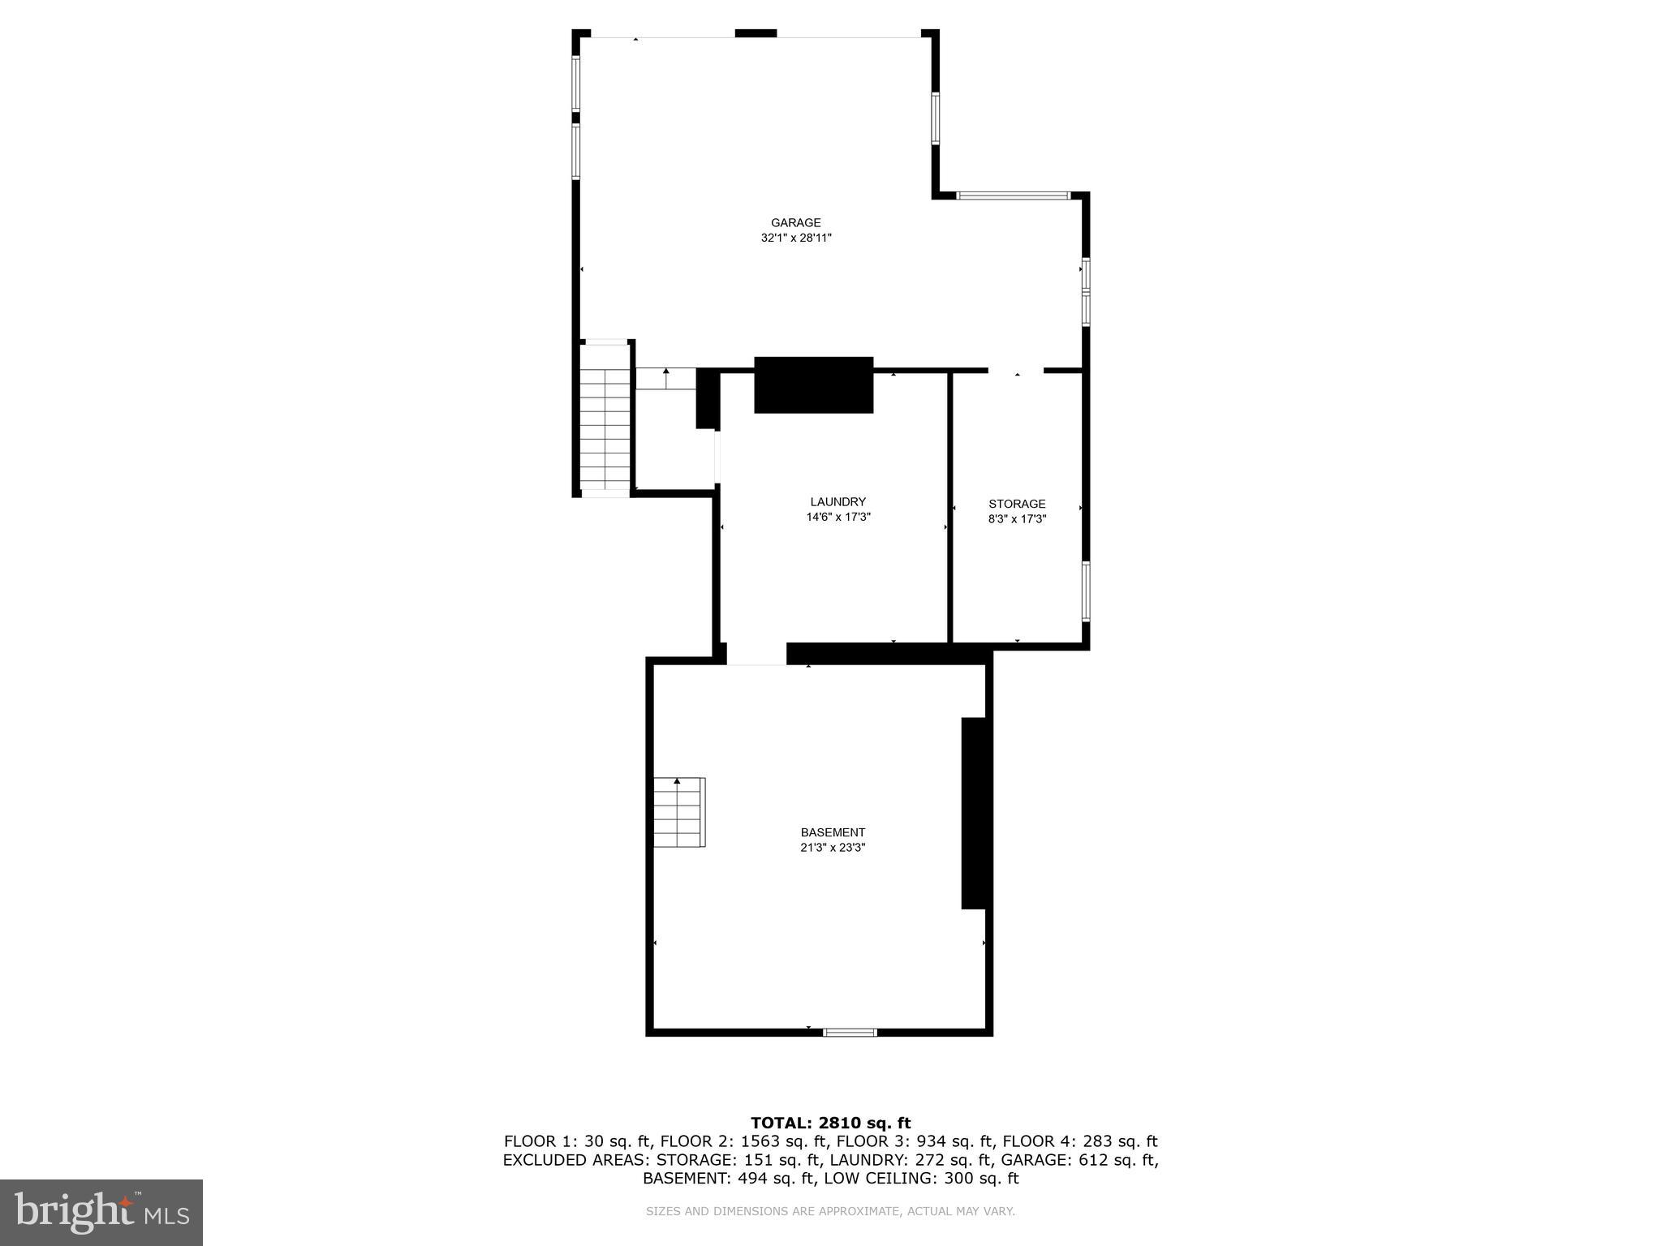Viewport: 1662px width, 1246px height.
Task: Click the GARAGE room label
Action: [795, 223]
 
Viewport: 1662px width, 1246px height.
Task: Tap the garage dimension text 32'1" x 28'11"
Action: [795, 238]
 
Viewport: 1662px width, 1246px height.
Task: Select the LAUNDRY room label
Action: [837, 502]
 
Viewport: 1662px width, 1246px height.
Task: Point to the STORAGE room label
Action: [1017, 504]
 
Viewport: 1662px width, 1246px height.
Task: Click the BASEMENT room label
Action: [833, 832]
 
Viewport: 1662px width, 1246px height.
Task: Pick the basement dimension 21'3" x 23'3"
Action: [833, 848]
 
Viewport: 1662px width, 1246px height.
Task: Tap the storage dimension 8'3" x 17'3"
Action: [1017, 519]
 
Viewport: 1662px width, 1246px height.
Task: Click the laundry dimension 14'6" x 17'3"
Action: [837, 517]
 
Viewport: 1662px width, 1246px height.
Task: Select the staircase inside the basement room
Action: [679, 813]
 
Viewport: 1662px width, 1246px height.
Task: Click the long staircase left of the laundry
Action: [605, 418]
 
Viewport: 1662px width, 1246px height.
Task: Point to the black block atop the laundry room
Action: [813, 385]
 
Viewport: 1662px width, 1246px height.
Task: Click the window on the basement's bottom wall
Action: [850, 1033]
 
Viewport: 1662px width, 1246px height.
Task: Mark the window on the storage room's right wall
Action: [1085, 591]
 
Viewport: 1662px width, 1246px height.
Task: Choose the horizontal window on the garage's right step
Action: [1013, 195]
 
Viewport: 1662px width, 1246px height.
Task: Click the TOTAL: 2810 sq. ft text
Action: [830, 1124]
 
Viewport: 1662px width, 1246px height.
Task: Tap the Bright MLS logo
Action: [101, 1212]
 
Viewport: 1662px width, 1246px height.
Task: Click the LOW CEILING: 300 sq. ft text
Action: [921, 1179]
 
